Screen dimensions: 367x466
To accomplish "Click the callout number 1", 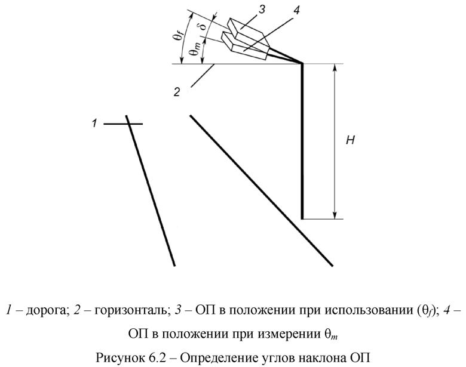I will click(94, 124).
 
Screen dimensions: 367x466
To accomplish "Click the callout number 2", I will click(177, 92).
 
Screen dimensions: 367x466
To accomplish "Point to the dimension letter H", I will click(351, 140).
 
